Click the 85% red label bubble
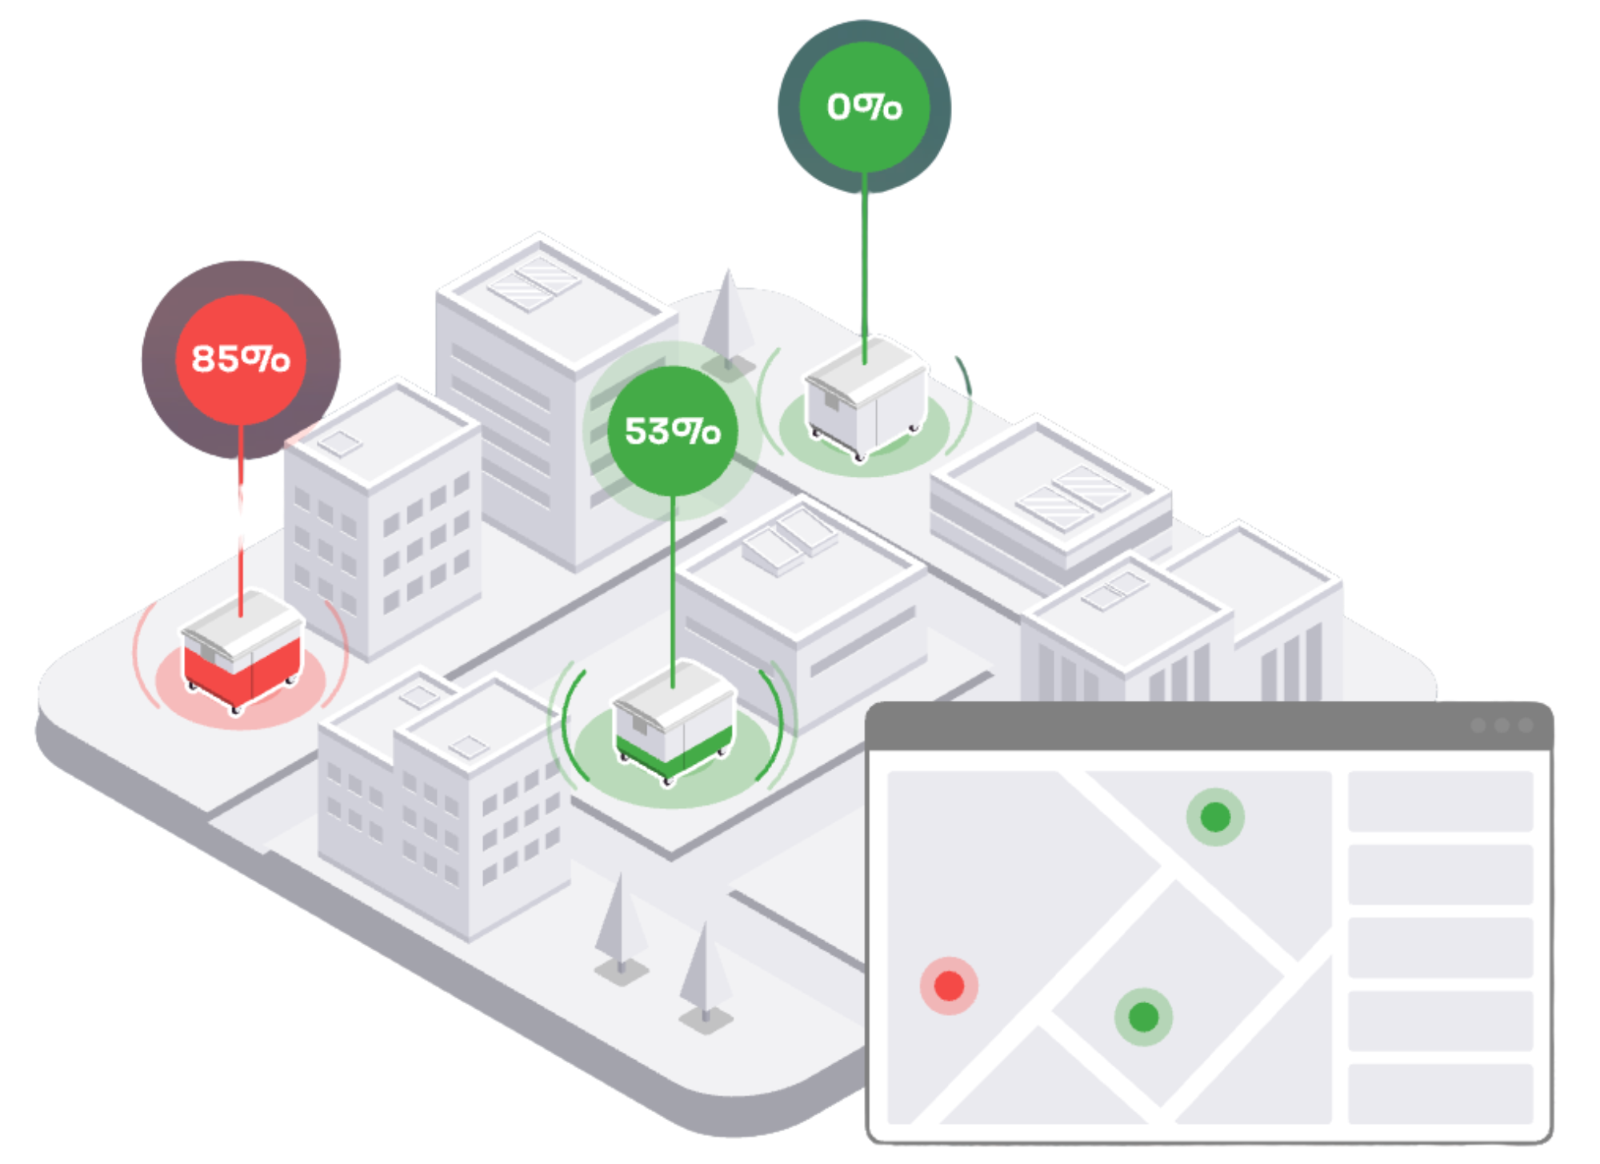coord(241,359)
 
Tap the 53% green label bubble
coord(673,430)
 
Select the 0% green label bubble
coord(865,106)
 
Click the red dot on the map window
coord(949,986)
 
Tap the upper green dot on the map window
coord(1215,817)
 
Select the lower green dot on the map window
coord(1143,1017)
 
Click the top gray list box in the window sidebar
coord(1440,801)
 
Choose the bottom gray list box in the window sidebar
coord(1440,1094)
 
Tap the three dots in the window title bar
coord(1502,726)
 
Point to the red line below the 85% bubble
coord(241,521)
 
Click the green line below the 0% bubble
coord(864,269)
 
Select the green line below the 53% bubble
coord(673,592)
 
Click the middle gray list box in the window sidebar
coord(1440,947)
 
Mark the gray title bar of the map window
coord(1209,726)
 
